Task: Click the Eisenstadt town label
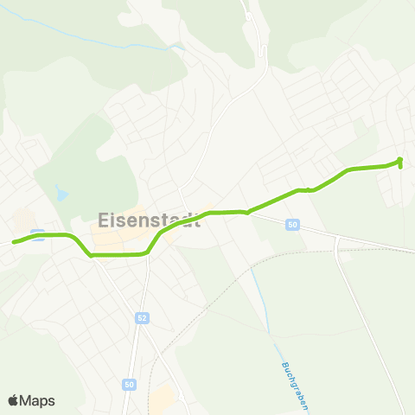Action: [x=149, y=220]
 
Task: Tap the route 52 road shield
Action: [x=141, y=319]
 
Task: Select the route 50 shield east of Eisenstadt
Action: [x=293, y=225]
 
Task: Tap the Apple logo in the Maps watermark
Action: [x=13, y=400]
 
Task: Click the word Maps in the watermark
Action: [x=37, y=400]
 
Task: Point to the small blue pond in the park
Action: [x=60, y=192]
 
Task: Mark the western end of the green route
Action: [x=14, y=242]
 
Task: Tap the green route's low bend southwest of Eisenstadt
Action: [x=91, y=255]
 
